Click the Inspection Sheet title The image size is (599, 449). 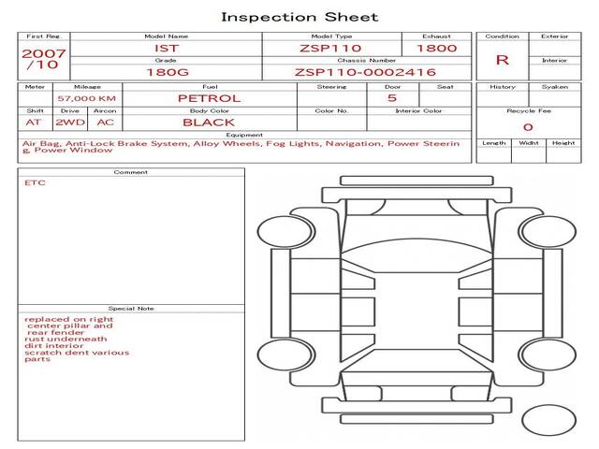click(x=299, y=17)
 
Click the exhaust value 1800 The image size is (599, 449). click(x=436, y=48)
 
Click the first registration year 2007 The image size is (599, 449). click(x=43, y=53)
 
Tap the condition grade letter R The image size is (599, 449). click(x=502, y=60)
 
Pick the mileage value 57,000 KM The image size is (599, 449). click(x=86, y=98)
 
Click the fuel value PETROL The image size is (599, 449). click(x=209, y=98)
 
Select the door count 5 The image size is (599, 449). click(x=391, y=98)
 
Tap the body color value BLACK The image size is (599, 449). click(x=209, y=123)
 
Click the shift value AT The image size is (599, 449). click(x=34, y=123)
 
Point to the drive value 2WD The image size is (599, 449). click(x=67, y=123)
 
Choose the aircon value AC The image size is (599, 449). click(x=105, y=123)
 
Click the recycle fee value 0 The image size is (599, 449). click(x=528, y=127)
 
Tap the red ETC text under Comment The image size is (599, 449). click(x=35, y=183)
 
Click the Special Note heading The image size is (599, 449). click(x=131, y=309)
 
